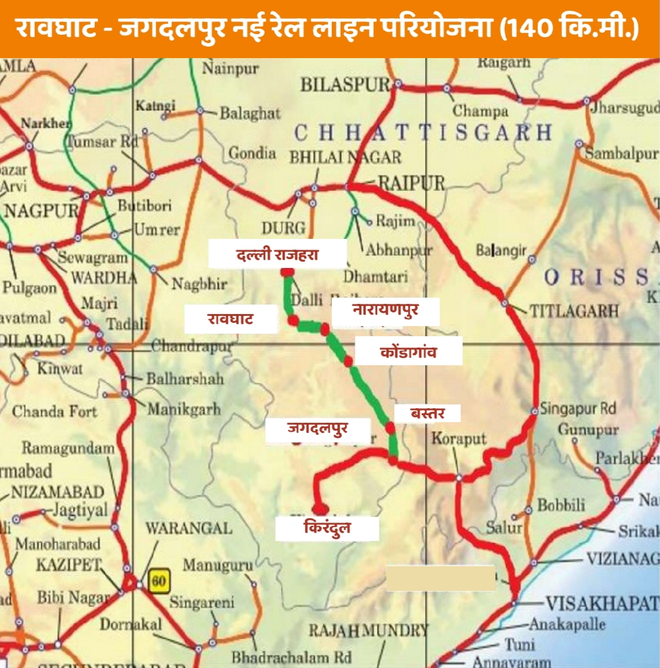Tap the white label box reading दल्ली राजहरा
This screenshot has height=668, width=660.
tap(278, 255)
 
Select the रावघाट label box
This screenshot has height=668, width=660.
tap(231, 319)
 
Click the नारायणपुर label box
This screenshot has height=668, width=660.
tap(386, 311)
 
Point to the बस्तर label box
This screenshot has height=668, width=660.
tap(427, 413)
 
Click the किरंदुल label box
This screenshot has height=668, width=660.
tap(327, 528)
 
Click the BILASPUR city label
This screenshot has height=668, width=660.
tap(345, 84)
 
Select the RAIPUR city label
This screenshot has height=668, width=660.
tap(412, 184)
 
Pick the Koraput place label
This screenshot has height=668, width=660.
tap(459, 439)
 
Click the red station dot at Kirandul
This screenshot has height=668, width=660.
tap(321, 508)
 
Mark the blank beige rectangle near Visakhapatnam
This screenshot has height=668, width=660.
tap(441, 578)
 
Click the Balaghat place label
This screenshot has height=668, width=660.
tap(250, 113)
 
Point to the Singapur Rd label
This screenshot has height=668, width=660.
tap(577, 409)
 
